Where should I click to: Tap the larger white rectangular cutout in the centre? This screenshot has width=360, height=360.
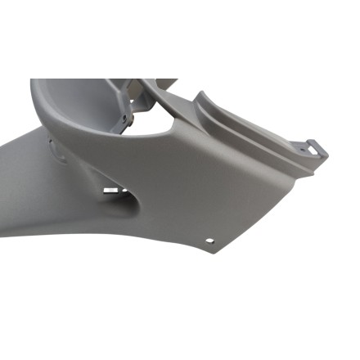click(x=111, y=191)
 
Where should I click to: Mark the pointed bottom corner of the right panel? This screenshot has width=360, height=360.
click(x=216, y=253)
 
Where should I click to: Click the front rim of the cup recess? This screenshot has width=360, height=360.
click(x=123, y=135)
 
